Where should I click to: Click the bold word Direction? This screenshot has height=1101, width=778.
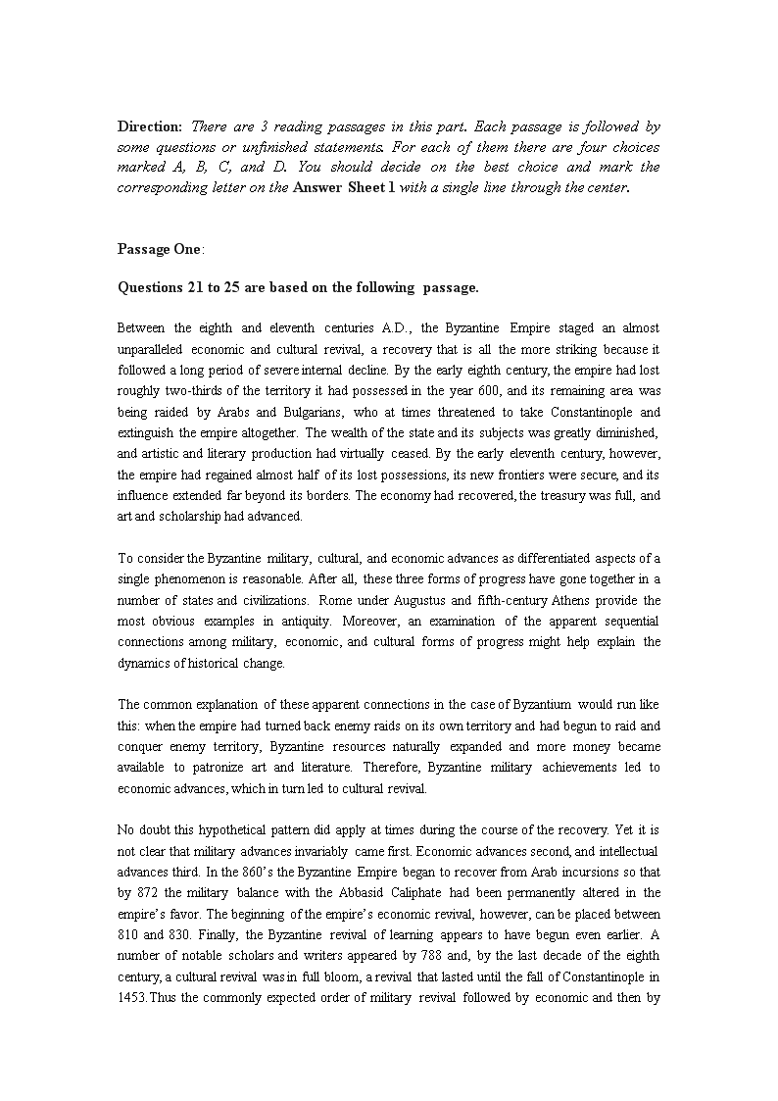pos(150,126)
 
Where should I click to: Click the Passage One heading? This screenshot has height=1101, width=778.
pos(160,249)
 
